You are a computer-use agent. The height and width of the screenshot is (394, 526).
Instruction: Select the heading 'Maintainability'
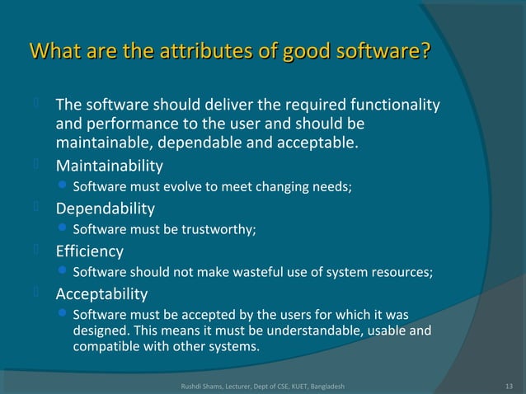tap(109, 165)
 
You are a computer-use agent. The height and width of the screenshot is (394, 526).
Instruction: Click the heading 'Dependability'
tap(105, 208)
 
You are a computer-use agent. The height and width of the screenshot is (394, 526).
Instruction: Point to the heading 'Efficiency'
tap(89, 251)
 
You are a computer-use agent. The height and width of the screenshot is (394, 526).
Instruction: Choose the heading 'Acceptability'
tap(101, 293)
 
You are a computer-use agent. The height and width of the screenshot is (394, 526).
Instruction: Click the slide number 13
tap(508, 386)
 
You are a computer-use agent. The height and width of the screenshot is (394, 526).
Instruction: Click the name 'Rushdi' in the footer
tap(193, 386)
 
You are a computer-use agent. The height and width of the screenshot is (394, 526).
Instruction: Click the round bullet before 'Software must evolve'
tap(64, 187)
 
